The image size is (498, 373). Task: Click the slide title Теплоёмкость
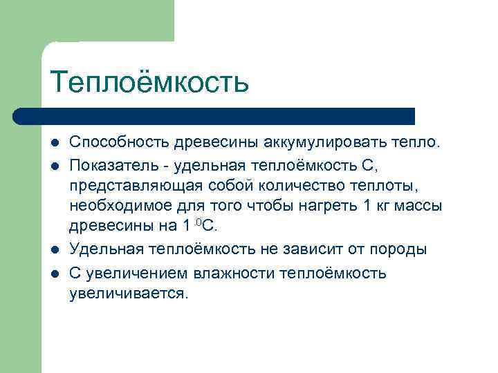tap(149, 82)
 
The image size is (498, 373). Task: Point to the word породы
tap(403, 249)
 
